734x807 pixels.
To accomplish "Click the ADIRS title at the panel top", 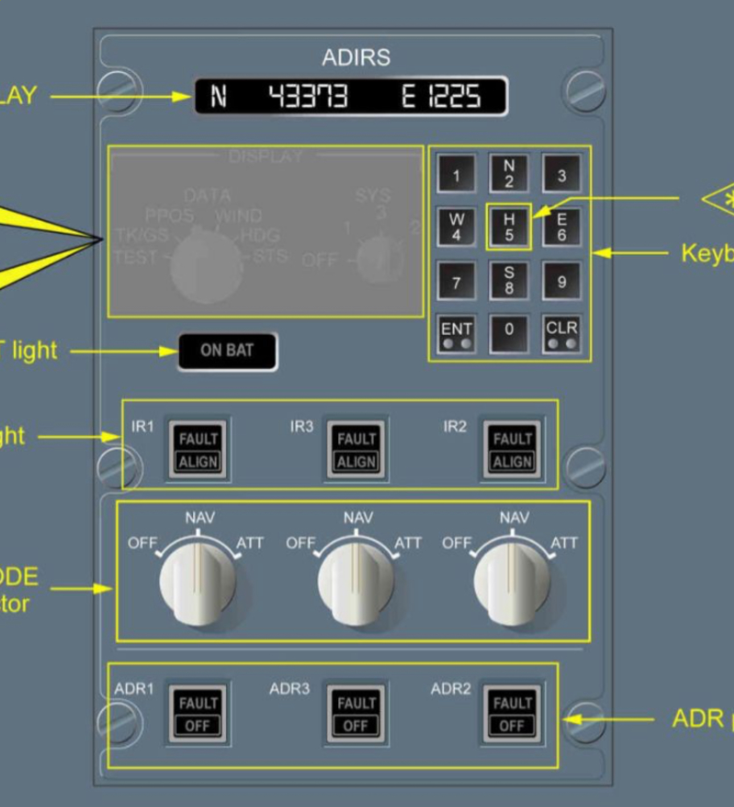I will [356, 57].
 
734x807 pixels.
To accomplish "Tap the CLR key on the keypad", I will [562, 334].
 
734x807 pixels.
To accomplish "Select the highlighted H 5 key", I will [509, 227].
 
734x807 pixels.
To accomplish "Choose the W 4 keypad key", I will [456, 227].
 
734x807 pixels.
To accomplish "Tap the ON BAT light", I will [227, 351].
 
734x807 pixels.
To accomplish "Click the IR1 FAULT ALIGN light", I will [198, 450].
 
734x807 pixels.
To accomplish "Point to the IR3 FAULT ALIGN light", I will [356, 450].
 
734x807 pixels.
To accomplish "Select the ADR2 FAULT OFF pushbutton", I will [512, 714].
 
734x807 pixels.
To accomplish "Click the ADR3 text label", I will [289, 689].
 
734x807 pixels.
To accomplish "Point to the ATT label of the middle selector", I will [408, 543].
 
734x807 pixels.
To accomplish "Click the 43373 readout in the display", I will [308, 96].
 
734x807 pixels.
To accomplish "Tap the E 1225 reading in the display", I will [441, 96].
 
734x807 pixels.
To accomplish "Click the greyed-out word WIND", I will [238, 216].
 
